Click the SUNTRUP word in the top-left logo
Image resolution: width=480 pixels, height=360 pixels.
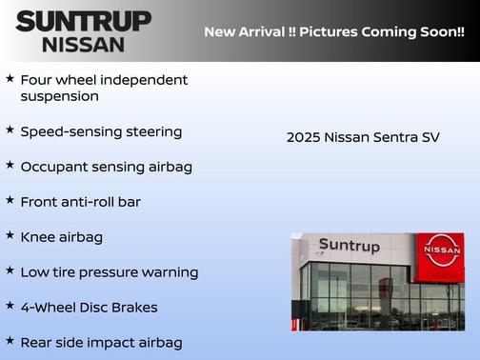83,21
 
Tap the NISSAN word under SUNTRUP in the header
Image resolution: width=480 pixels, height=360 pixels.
83,44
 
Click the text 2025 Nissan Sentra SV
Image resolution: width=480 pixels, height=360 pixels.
363,137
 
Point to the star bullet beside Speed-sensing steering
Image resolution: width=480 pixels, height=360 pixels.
10,130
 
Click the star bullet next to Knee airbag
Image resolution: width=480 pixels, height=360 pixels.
10,234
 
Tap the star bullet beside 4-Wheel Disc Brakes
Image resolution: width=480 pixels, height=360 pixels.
10,305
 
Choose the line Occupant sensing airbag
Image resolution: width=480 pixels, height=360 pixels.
106,167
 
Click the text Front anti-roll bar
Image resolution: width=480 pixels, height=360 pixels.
80,202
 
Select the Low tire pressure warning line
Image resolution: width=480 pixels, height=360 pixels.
109,272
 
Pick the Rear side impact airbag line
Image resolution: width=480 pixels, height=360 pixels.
101,342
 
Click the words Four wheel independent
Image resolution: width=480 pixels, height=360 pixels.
104,79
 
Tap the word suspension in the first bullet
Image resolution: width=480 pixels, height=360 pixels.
59,96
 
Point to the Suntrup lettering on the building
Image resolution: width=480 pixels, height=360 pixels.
349,246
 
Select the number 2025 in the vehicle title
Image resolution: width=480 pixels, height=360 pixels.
303,137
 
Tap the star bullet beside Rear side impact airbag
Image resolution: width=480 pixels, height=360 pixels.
10,339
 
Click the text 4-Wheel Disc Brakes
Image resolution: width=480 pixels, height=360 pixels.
89,308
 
